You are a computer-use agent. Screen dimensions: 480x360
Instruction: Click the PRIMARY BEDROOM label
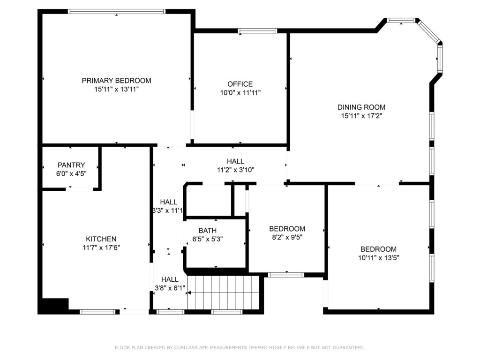coord(116,81)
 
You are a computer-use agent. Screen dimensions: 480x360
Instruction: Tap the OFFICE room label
coord(240,84)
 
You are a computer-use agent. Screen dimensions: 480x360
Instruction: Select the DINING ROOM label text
coord(361,107)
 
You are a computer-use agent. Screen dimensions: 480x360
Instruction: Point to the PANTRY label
coord(71,165)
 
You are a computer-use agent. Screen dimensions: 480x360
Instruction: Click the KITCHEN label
coord(101,239)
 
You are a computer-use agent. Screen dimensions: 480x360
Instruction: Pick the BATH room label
coord(208,231)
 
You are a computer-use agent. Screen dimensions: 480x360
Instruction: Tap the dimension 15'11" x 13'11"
coord(116,90)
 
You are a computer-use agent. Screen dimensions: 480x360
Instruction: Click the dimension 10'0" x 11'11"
coord(240,92)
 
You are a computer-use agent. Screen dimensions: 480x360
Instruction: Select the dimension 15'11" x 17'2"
coord(361,116)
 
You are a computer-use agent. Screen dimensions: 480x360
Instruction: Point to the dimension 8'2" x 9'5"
coord(287,237)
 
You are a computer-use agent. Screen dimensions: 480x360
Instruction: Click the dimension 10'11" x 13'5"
coord(379,258)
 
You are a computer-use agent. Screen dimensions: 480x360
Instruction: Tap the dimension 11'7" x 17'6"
coord(101,247)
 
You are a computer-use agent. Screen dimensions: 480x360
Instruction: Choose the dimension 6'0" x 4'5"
coord(71,173)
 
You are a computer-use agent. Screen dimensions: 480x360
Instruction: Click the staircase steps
coord(224,292)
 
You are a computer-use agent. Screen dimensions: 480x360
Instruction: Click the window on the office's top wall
coord(257,30)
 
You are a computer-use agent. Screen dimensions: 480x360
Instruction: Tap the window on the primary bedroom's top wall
coord(116,12)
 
